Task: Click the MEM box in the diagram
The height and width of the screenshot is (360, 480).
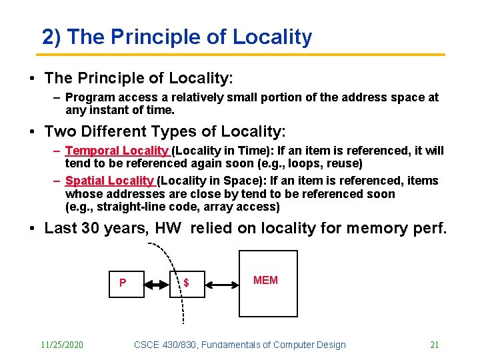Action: (x=268, y=283)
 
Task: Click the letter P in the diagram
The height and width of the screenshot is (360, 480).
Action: (x=123, y=283)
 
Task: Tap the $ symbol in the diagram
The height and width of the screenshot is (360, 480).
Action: (x=186, y=283)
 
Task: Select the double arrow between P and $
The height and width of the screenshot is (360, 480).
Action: (x=157, y=285)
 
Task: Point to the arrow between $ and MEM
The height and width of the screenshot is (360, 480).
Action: (x=222, y=285)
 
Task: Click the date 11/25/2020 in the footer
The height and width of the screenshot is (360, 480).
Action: (x=62, y=345)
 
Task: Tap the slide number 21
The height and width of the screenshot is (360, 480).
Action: (x=434, y=345)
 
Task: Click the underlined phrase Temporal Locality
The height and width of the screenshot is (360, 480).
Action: (x=117, y=151)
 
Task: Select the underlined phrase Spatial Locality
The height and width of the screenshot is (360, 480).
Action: (x=110, y=181)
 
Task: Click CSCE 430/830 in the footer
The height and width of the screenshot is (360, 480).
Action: (x=165, y=345)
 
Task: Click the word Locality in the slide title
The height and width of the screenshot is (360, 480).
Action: (x=272, y=37)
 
